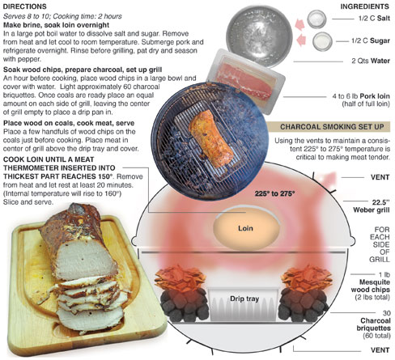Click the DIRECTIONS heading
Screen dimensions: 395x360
point(25,6)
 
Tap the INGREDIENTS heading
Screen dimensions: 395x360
point(365,6)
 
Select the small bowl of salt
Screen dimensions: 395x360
point(316,19)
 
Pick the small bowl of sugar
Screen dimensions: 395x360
point(322,41)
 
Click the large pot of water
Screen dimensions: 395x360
point(259,36)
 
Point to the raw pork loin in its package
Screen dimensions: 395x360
point(246,81)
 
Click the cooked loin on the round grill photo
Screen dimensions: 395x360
point(211,138)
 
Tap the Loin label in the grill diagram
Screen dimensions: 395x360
point(245,228)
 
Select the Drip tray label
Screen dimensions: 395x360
point(244,299)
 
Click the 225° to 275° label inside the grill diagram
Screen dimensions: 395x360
point(274,193)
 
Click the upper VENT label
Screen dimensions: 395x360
point(380,177)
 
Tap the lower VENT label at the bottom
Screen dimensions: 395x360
point(380,350)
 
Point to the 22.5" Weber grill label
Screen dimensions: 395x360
point(372,206)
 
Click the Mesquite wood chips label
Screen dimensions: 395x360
point(370,286)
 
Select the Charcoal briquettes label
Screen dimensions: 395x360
point(373,324)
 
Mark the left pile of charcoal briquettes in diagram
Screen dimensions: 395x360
point(185,305)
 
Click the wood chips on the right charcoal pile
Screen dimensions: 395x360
point(306,278)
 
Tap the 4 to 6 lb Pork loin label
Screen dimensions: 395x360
point(361,100)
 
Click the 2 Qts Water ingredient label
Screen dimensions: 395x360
point(371,61)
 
